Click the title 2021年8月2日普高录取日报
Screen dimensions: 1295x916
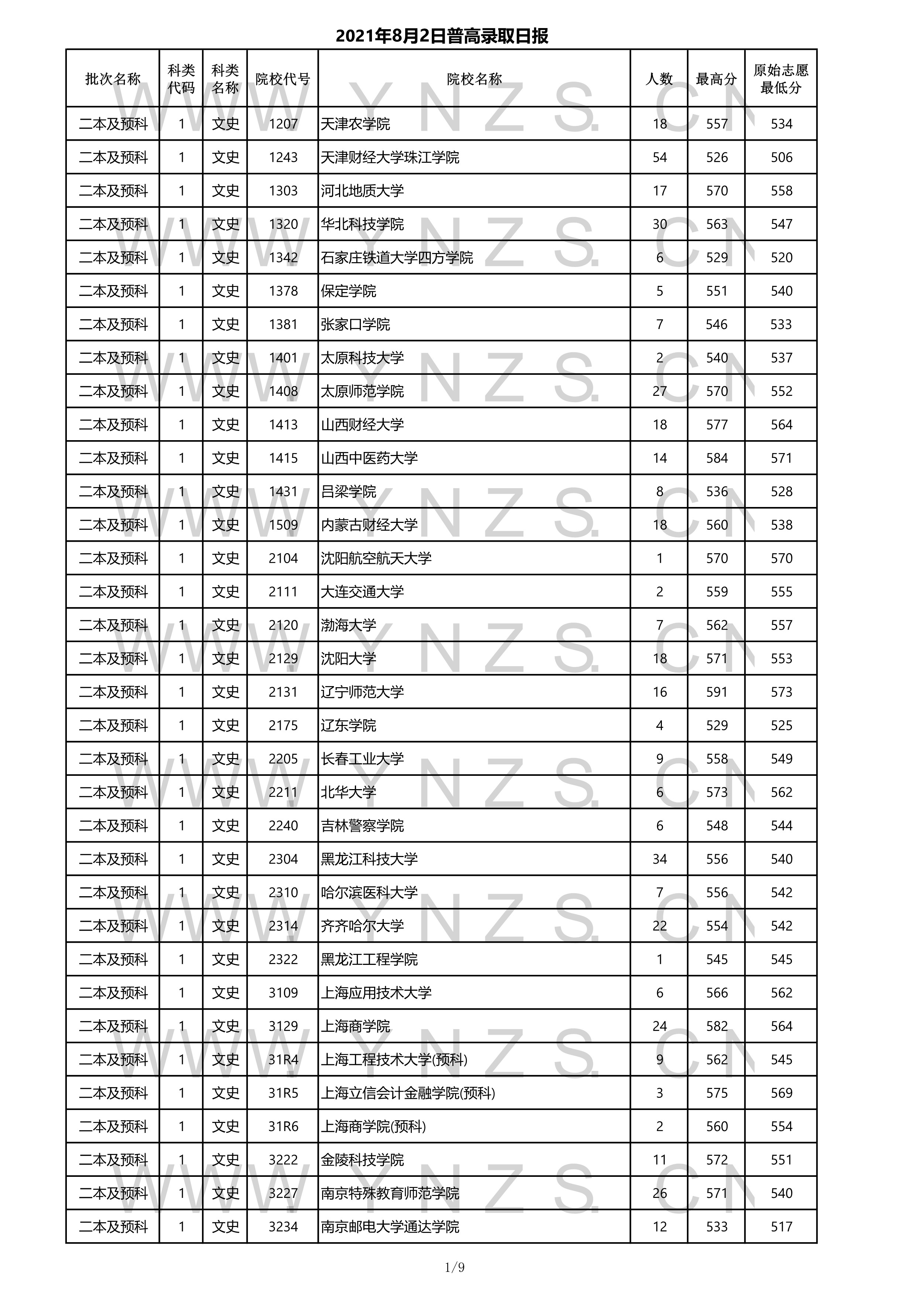coord(442,37)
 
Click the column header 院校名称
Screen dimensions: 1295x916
coord(474,79)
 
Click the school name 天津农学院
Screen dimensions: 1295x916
coord(355,124)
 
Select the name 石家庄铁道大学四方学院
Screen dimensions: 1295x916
coord(397,258)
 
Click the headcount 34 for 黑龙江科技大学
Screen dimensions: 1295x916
coord(659,859)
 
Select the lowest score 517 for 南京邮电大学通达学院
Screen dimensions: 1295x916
coord(781,1227)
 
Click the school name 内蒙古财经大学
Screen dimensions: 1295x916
coord(369,525)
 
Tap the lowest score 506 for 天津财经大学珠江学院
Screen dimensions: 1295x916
coord(781,157)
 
